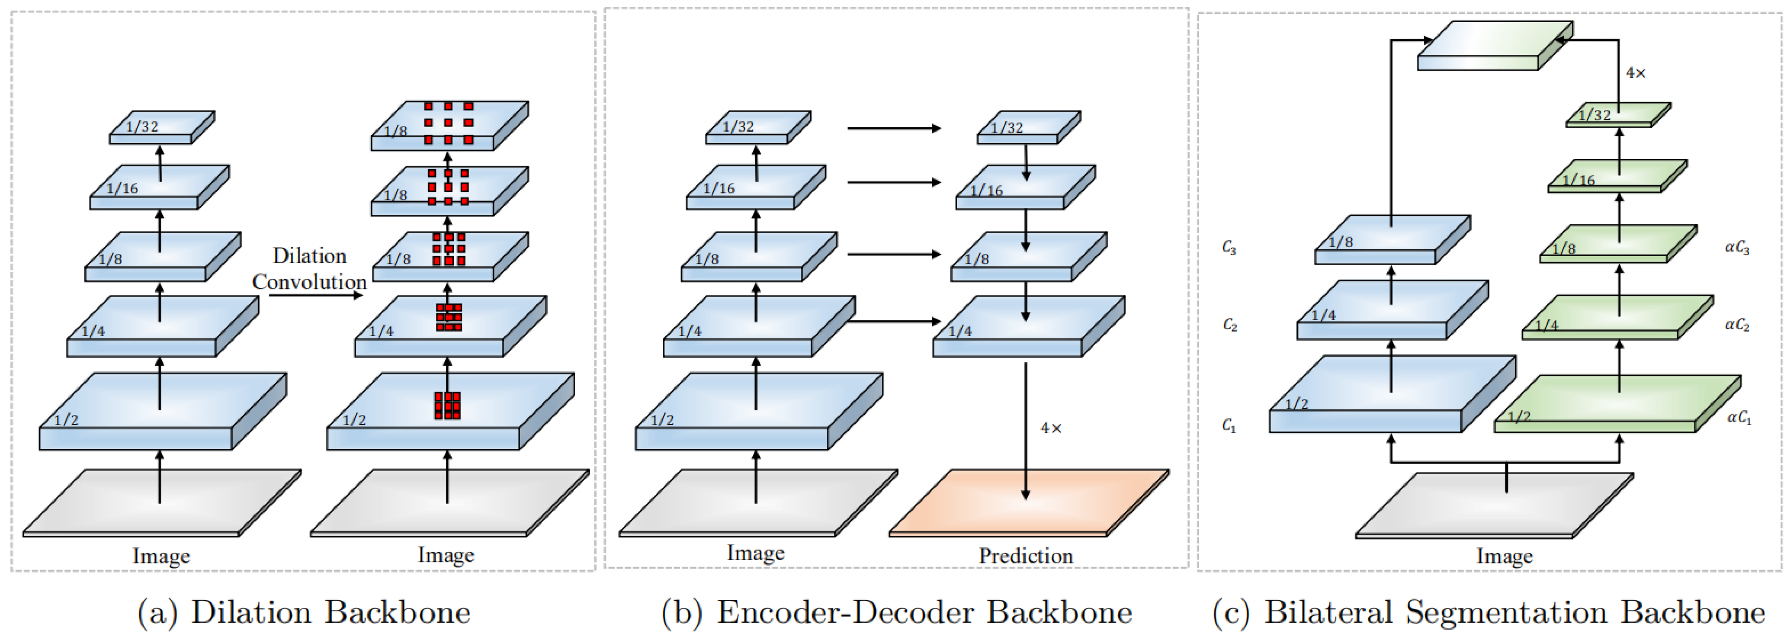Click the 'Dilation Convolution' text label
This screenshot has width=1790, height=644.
tap(309, 269)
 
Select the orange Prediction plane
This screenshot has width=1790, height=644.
tap(1029, 502)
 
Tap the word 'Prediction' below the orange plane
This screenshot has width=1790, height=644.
tap(1026, 556)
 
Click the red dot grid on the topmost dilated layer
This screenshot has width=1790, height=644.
tap(448, 123)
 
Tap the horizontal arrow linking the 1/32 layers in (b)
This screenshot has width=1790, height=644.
tap(894, 128)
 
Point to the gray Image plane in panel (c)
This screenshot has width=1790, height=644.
tap(1494, 505)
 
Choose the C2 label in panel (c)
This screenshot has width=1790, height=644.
tap(1230, 325)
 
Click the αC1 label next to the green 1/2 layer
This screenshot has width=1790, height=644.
tap(1739, 417)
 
